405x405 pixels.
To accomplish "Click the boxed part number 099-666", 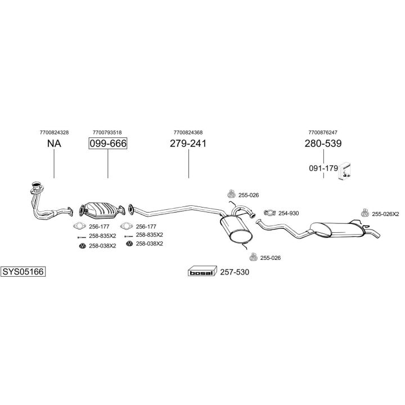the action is (x=108, y=143).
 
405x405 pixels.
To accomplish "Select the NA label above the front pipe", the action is (x=54, y=143).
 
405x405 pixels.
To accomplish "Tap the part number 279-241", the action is (x=188, y=143).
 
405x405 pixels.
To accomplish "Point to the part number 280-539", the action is (x=323, y=143).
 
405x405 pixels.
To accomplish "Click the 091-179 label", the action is (x=323, y=168).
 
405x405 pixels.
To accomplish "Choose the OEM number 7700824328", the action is (x=54, y=133).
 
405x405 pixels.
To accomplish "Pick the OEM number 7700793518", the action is (x=107, y=133).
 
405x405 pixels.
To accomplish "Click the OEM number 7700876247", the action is (x=323, y=133).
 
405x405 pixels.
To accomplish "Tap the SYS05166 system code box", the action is (x=23, y=272).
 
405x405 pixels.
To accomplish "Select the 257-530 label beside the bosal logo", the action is (x=235, y=272).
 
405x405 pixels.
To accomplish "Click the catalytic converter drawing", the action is (x=102, y=210).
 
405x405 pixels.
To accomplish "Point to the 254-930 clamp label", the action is (x=289, y=213).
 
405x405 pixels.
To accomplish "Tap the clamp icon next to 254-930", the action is (x=270, y=213).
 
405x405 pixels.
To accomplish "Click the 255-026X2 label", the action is (x=385, y=214).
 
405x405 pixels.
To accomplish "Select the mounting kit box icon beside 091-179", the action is (x=345, y=171).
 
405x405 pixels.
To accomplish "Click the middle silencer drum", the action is (x=236, y=230).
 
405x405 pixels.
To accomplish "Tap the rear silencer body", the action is (x=337, y=229).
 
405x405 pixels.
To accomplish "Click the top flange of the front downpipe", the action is (x=37, y=187).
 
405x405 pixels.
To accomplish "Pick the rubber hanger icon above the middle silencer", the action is (x=231, y=193).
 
